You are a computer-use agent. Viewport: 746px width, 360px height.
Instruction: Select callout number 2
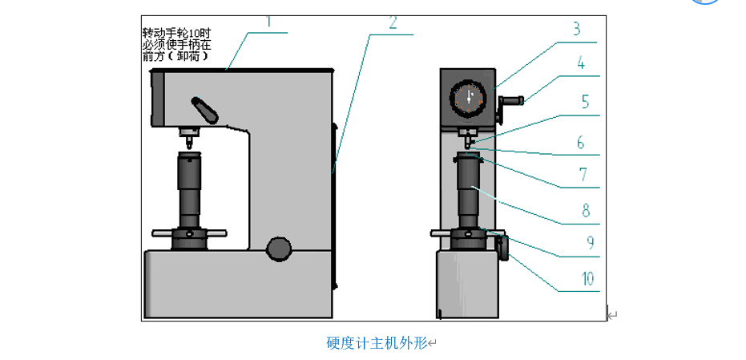pyautogui.click(x=393, y=23)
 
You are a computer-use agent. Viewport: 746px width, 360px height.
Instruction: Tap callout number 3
pyautogui.click(x=575, y=30)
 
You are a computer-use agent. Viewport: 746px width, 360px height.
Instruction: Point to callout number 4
pyautogui.click(x=581, y=63)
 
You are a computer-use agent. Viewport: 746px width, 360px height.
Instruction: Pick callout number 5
pyautogui.click(x=585, y=102)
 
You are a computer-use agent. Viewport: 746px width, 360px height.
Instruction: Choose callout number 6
pyautogui.click(x=581, y=142)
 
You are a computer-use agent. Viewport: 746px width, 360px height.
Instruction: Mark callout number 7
pyautogui.click(x=583, y=174)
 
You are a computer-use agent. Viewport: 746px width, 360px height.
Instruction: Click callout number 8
pyautogui.click(x=586, y=211)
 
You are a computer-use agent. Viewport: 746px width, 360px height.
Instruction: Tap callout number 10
pyautogui.click(x=587, y=278)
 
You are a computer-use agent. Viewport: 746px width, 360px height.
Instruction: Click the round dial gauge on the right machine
pyautogui.click(x=467, y=99)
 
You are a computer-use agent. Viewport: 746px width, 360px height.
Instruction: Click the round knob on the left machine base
pyautogui.click(x=279, y=249)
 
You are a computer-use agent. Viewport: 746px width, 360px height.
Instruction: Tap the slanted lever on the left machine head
pyautogui.click(x=204, y=110)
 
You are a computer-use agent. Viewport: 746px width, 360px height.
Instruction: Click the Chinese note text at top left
pyautogui.click(x=177, y=45)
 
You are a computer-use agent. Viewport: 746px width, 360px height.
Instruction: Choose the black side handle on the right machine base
pyautogui.click(x=503, y=247)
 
